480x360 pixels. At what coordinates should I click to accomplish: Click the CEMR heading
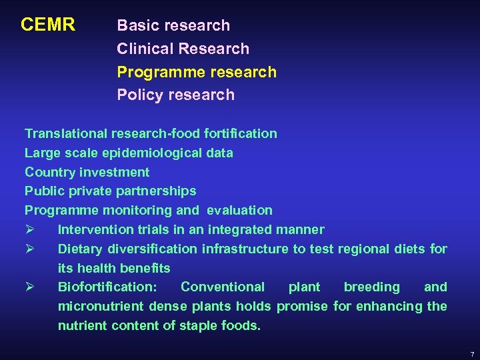click(x=47, y=25)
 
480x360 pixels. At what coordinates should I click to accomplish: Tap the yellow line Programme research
click(x=196, y=72)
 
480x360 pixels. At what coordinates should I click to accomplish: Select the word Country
click(x=50, y=172)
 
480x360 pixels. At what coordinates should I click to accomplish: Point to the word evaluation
click(x=239, y=210)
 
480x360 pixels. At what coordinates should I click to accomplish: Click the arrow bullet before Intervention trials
click(x=29, y=229)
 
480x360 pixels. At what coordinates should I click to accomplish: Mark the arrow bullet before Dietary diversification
click(x=29, y=249)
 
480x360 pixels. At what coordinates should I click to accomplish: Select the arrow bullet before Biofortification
click(x=29, y=287)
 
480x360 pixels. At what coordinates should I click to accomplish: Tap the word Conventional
click(x=223, y=287)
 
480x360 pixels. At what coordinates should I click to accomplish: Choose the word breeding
click(x=371, y=287)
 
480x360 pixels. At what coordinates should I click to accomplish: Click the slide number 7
click(x=471, y=353)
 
